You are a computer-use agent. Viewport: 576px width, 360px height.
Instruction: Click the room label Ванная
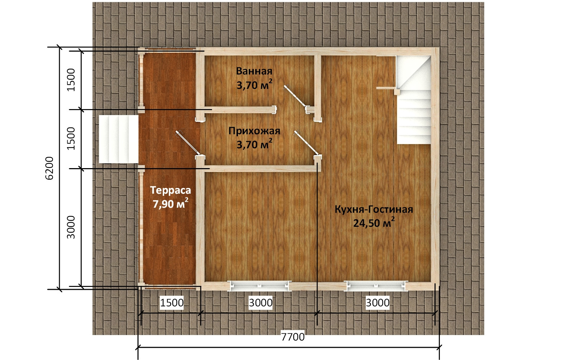click(254, 71)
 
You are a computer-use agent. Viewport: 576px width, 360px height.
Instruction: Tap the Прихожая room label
click(254, 131)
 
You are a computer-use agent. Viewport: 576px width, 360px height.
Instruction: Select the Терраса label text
click(171, 190)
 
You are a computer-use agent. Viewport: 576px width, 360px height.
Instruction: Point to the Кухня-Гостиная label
click(374, 209)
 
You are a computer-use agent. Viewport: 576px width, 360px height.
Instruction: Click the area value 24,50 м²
click(374, 222)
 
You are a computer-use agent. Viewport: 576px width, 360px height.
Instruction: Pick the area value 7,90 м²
click(171, 203)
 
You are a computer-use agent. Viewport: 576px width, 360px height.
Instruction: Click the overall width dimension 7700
click(293, 337)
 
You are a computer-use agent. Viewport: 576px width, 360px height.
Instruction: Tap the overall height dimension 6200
click(49, 168)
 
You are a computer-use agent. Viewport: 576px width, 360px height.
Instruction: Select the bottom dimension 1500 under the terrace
click(172, 303)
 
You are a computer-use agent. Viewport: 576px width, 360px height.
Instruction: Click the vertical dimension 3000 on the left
click(71, 227)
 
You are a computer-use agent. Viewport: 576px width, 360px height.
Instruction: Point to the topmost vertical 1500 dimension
click(71, 80)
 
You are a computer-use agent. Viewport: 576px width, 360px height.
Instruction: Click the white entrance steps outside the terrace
click(118, 139)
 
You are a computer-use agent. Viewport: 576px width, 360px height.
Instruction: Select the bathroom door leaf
click(295, 96)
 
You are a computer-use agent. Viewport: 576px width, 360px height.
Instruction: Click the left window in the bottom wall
click(260, 286)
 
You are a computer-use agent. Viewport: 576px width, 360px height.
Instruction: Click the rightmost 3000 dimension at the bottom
click(378, 303)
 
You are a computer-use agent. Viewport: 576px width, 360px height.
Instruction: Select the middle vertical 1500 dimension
click(71, 139)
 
